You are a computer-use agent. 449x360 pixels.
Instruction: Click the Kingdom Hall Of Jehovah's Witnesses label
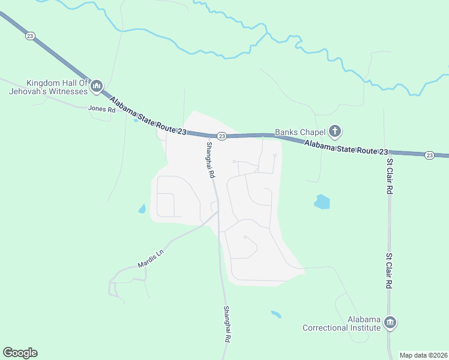tap(48, 88)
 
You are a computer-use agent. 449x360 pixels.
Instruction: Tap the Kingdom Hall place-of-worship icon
tap(97, 88)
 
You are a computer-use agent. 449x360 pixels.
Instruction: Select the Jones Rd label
tap(101, 109)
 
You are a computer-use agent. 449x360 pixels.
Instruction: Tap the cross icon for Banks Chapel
tap(335, 131)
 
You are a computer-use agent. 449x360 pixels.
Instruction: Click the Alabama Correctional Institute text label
tap(342, 323)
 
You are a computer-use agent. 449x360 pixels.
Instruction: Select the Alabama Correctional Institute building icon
tap(390, 323)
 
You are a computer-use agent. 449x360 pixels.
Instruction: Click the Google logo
tap(20, 353)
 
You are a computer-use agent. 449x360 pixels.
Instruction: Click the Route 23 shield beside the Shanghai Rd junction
tap(221, 137)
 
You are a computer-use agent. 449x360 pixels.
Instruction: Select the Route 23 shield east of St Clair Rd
tap(429, 155)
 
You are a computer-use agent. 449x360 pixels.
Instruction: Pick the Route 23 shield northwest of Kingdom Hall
tap(30, 36)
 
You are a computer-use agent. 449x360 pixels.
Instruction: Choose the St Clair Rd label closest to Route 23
tap(390, 176)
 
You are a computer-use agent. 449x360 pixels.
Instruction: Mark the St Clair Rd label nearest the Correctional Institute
tap(390, 271)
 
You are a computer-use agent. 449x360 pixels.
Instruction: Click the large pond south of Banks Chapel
tap(322, 202)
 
